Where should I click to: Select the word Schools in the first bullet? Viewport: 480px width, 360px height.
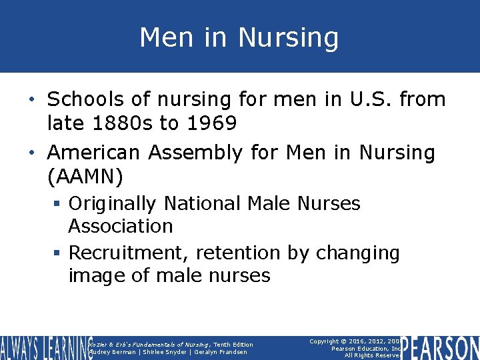point(85,99)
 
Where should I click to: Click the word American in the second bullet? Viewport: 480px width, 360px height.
point(94,153)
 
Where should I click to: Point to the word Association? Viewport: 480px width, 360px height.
point(120,226)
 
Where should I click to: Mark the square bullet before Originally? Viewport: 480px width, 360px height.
point(59,203)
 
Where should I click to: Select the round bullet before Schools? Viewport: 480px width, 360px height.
point(38,100)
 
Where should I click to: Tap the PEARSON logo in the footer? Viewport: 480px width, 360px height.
point(440,348)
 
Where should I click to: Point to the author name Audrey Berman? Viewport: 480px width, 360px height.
point(112,352)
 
